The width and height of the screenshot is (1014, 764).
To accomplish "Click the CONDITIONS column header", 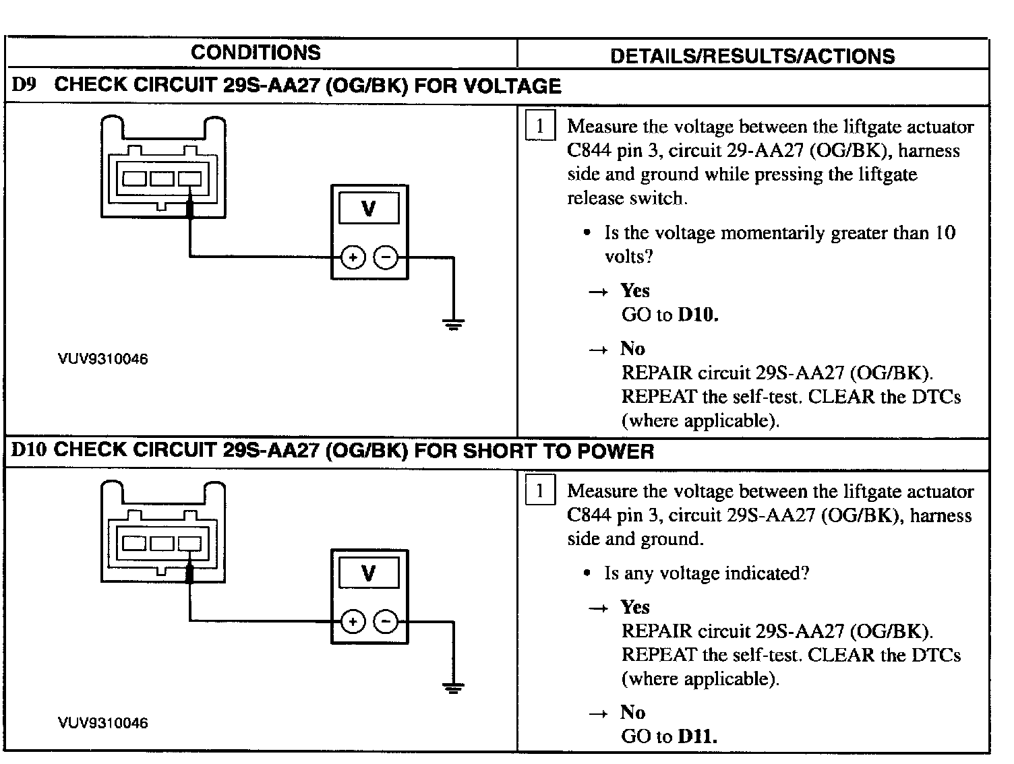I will click(x=256, y=53).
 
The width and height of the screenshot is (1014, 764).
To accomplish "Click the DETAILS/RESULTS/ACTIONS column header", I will click(x=752, y=56).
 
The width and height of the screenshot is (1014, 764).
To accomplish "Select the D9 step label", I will click(x=24, y=85).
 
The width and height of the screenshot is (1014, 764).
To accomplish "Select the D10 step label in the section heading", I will click(x=28, y=450).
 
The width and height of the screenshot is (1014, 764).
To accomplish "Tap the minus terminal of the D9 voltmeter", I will click(x=386, y=257).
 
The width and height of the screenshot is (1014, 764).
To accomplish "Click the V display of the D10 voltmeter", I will click(x=369, y=573).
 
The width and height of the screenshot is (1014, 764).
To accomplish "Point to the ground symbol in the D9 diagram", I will click(x=453, y=325).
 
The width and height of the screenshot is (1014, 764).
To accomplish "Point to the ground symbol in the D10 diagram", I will click(x=453, y=688).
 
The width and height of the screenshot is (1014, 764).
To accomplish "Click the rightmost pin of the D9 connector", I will click(x=190, y=179).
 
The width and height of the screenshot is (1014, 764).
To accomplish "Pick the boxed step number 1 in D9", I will click(x=539, y=127).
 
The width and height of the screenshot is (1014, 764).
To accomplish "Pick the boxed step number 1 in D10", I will click(x=539, y=491).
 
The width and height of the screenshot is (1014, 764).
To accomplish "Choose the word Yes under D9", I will click(x=635, y=290).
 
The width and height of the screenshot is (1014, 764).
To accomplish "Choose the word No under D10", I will click(x=633, y=713).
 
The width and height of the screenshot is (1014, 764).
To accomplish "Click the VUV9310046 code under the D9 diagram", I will click(x=103, y=359).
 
